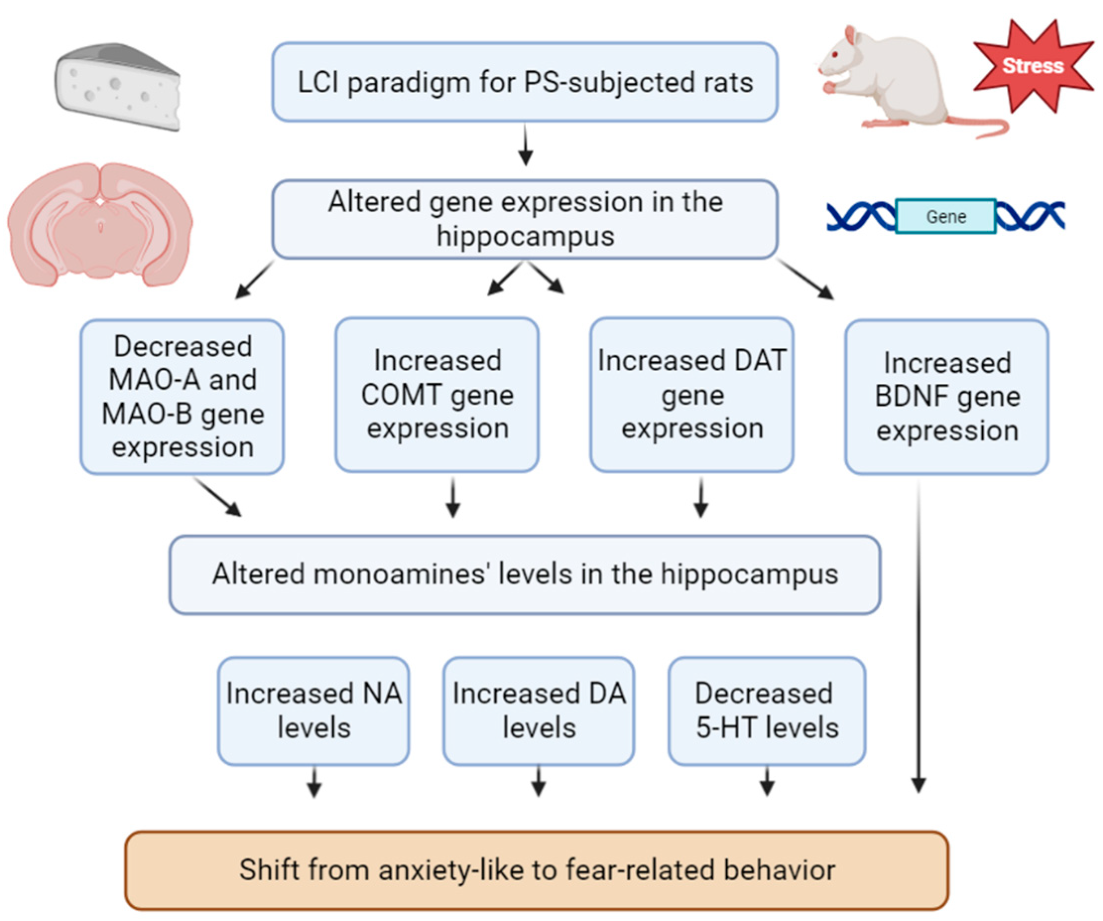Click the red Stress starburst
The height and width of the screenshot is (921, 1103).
tap(1033, 66)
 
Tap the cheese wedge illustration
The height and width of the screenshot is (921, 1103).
tap(118, 87)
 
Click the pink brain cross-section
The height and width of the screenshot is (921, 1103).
tap(100, 224)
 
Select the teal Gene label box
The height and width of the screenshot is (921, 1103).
tap(945, 216)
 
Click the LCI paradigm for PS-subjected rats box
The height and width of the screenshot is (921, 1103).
tap(525, 82)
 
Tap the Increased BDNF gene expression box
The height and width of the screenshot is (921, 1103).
tap(947, 397)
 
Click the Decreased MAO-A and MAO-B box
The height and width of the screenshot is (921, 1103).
tap(182, 397)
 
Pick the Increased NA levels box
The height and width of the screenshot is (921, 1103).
tap(313, 711)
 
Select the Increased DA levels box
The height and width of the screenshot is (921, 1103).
tap(539, 711)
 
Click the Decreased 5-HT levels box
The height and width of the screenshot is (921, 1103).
tap(767, 711)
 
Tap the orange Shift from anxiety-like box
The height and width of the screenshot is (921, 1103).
tap(537, 870)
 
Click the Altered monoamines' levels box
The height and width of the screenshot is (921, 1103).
tap(525, 574)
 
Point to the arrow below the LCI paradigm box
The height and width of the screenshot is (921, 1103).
tap(525, 144)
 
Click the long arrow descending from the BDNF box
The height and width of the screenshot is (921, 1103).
tap(918, 637)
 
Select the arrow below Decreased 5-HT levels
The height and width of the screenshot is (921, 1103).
tap(767, 782)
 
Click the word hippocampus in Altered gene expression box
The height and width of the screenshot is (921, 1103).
tap(525, 237)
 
